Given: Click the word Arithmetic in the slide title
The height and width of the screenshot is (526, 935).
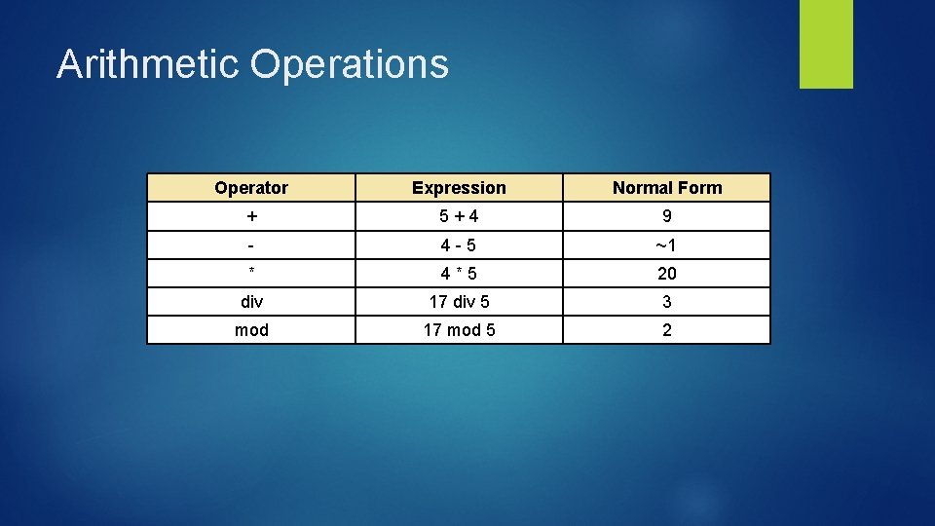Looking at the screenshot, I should [147, 64].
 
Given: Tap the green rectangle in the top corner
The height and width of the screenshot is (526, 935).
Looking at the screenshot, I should [826, 43].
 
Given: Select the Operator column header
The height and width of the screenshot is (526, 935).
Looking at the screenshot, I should [251, 188].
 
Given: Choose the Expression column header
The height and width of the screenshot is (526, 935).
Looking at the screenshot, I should [459, 188].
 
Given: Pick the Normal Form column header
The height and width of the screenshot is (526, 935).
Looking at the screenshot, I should [667, 188].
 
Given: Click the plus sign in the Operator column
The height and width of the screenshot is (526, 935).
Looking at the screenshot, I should [251, 216].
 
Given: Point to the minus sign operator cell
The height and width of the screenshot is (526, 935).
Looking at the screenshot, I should [251, 244].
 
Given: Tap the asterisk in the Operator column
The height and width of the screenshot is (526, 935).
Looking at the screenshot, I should [251, 272].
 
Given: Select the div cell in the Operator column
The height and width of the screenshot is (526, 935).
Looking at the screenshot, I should [251, 302].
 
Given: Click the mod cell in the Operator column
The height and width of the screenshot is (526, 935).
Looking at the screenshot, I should [251, 330].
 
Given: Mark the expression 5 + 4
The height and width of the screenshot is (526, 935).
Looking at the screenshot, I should [459, 216].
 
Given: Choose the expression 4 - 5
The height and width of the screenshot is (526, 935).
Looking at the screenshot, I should [459, 244].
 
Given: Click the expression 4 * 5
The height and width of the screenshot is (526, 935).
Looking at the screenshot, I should [459, 274].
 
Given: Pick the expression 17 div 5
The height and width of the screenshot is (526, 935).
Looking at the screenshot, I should [459, 302].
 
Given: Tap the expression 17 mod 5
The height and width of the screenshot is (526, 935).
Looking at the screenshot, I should [459, 330].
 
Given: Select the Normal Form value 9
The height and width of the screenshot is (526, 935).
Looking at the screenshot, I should [667, 216].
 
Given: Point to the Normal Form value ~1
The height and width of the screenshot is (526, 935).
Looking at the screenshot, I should [667, 244].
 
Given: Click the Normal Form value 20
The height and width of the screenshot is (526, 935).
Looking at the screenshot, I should [667, 274].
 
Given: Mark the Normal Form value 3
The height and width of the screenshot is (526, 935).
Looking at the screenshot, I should [667, 302].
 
